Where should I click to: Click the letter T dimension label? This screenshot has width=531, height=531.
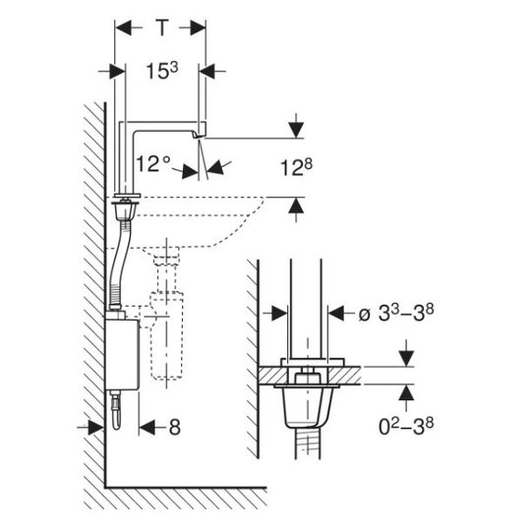coord(162,28)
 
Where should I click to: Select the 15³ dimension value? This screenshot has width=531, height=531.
coord(162,71)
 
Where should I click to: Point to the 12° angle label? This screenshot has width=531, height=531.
coord(152,163)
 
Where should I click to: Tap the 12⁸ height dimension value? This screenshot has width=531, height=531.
coord(296,167)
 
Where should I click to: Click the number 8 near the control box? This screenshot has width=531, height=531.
coord(174,428)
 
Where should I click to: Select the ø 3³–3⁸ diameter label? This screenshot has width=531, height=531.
coord(396,313)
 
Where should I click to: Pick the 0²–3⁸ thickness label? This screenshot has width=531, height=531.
coord(406,427)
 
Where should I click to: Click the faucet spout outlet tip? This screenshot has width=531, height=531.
coord(198,136)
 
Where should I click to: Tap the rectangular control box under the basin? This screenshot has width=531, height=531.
coord(122,355)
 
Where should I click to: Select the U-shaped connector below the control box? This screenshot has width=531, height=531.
coord(116,411)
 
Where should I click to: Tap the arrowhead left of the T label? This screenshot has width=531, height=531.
coord(123,28)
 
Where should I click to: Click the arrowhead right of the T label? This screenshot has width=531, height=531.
coord(198,28)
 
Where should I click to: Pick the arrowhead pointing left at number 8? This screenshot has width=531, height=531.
coord(147,428)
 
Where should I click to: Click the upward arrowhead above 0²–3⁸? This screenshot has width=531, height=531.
coord(406,392)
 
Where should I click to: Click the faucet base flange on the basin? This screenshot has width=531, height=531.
coord(127,196)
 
